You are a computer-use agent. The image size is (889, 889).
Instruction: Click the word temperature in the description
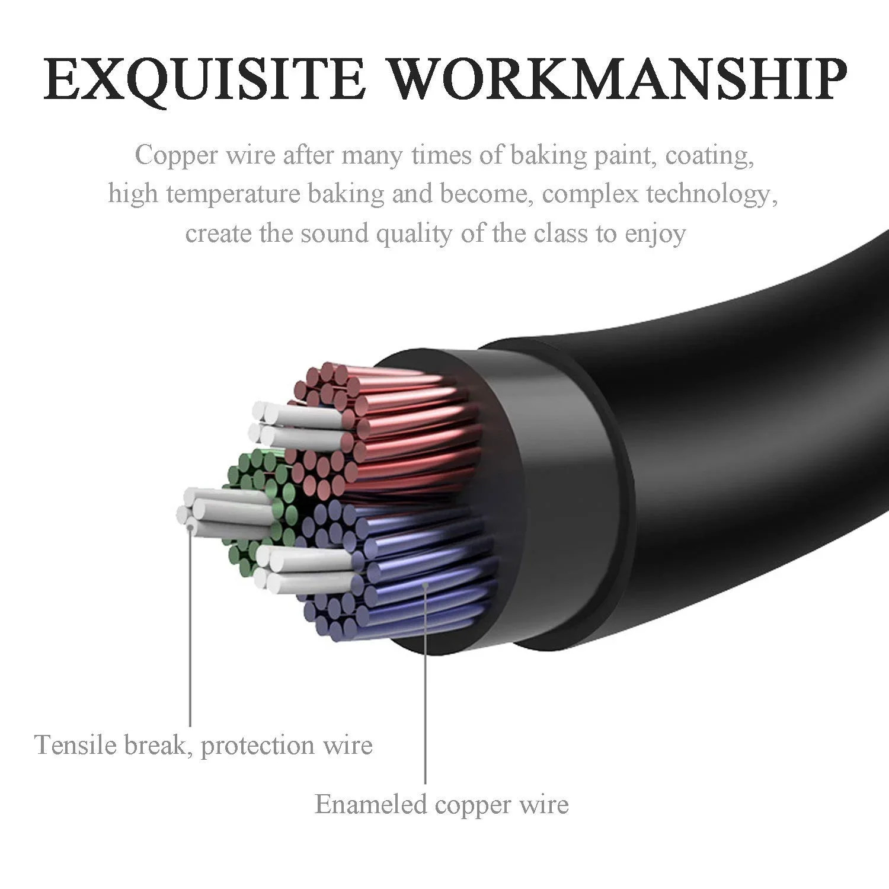pos(233,195)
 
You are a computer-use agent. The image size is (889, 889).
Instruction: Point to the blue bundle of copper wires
pos(403,569)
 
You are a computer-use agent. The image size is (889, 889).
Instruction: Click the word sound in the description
pos(334,234)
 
